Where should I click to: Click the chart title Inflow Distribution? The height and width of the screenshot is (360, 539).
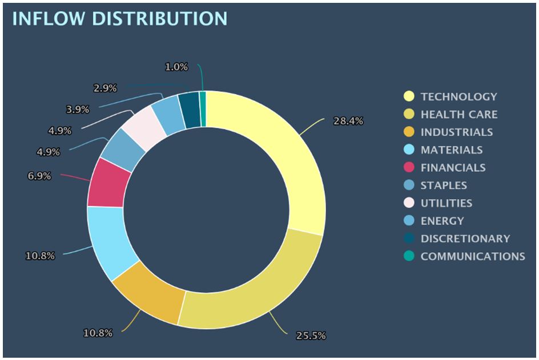coord(119,18)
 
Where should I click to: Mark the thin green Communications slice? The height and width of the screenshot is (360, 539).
coord(203,100)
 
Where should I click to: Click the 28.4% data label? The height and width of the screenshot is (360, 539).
coord(348,121)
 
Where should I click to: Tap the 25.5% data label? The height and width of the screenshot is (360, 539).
coord(311,335)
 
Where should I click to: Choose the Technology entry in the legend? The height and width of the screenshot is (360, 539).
coord(458,96)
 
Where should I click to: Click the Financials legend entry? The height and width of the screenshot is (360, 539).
coord(453,167)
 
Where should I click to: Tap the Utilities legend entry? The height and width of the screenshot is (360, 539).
coord(446,203)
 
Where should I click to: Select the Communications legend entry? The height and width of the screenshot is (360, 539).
coord(472,256)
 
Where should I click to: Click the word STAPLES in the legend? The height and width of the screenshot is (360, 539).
coord(444,185)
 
